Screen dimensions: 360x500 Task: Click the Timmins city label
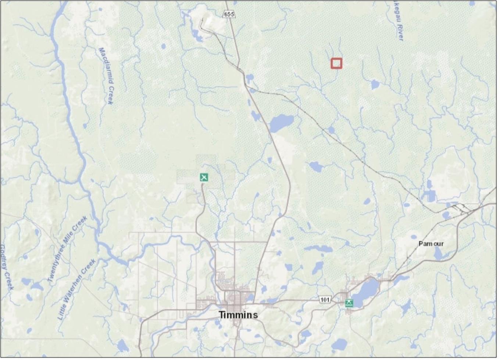238,315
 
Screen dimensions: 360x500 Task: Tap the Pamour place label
431,244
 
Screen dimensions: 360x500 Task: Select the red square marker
336,63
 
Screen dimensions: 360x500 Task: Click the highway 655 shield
229,14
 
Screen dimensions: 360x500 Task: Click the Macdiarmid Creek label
106,75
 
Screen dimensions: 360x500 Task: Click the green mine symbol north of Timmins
204,177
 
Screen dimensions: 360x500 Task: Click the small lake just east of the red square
375,84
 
